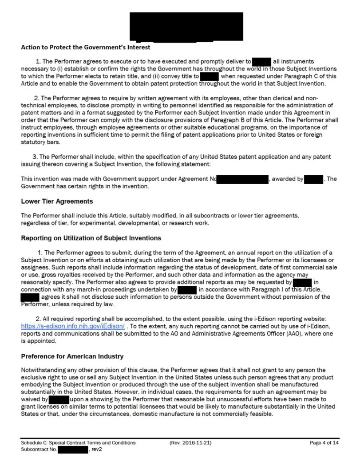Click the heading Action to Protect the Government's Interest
click(x=86, y=47)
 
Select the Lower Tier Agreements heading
click(x=57, y=201)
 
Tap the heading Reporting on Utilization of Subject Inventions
click(x=91, y=238)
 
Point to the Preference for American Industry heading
click(x=72, y=356)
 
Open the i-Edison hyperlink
click(x=60, y=326)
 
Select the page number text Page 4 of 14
click(x=325, y=442)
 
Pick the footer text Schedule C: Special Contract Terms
click(x=78, y=442)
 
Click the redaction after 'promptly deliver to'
click(x=261, y=61)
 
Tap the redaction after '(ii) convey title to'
click(x=209, y=76)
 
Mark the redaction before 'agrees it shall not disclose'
click(x=30, y=296)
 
